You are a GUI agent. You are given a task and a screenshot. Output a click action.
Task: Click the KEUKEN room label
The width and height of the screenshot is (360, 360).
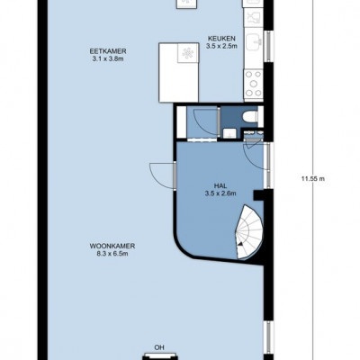tap(221, 39)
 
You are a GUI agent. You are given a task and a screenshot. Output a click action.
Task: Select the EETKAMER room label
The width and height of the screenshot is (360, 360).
tap(108, 51)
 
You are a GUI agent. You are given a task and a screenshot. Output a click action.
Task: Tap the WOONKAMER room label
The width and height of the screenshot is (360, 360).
tap(112, 247)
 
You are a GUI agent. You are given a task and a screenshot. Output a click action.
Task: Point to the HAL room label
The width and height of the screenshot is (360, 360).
tap(220, 186)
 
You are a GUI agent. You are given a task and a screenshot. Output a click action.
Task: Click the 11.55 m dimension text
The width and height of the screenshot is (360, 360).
tap(313, 179)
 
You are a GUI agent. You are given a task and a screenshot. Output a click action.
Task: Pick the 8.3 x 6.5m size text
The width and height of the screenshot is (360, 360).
tap(112, 254)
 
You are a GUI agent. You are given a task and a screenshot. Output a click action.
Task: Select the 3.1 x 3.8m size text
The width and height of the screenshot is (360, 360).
tap(108, 58)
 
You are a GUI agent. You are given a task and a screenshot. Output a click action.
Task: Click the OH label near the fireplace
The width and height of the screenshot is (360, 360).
tap(159, 347)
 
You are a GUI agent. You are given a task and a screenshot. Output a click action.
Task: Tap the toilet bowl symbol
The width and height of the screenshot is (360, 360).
tap(250, 117)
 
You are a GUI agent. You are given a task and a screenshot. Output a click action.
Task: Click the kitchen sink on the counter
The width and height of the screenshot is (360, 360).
tap(254, 44)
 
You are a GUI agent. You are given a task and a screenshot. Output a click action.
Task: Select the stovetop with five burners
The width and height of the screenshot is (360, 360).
tap(254, 84)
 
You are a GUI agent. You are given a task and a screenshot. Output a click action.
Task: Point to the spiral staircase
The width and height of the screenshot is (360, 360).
tap(249, 232)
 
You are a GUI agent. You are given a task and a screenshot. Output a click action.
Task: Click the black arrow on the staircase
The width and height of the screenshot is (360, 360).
tap(240, 244)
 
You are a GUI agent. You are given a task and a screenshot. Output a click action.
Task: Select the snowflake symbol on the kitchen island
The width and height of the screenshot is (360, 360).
tap(188, 53)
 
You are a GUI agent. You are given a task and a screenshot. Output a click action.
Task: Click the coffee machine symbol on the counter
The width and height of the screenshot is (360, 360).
tap(254, 18)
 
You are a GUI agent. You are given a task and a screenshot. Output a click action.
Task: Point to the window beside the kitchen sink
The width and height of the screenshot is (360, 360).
tap(269, 47)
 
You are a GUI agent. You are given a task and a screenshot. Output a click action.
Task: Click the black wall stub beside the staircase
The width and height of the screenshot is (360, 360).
tap(258, 195)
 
